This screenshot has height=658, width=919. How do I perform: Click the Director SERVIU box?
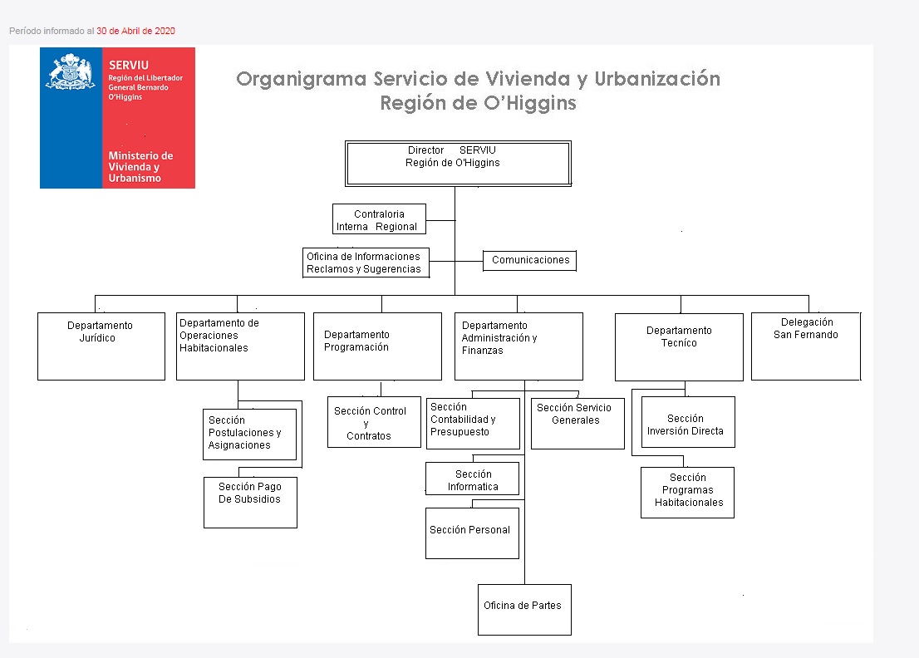[x=458, y=163]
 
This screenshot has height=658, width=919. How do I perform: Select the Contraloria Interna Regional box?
[x=379, y=220]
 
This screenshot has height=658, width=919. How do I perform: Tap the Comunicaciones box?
[x=529, y=260]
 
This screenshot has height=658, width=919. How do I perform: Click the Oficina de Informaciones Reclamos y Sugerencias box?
[x=366, y=263]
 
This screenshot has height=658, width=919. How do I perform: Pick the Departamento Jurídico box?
[x=101, y=346]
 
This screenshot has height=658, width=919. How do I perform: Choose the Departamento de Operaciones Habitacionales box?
[x=240, y=346]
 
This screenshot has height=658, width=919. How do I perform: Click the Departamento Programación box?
[x=377, y=346]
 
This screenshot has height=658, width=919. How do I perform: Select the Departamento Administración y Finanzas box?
[x=518, y=346]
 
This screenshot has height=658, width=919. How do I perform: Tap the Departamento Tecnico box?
[x=679, y=346]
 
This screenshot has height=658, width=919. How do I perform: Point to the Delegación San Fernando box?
[x=805, y=346]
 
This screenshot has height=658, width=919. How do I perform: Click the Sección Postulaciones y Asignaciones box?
[x=250, y=434]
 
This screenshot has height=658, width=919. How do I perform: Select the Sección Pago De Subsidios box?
[x=250, y=502]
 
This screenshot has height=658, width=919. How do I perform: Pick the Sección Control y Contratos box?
[x=374, y=422]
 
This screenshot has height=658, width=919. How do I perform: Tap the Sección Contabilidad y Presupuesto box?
[x=473, y=424]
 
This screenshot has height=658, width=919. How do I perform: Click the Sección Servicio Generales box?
[x=577, y=424]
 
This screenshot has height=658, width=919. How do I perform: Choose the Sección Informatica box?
[x=472, y=479]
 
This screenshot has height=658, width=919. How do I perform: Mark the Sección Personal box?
[x=472, y=533]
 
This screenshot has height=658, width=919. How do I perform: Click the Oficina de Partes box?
[x=524, y=609]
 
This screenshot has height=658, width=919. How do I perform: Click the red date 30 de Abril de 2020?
[x=135, y=31]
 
